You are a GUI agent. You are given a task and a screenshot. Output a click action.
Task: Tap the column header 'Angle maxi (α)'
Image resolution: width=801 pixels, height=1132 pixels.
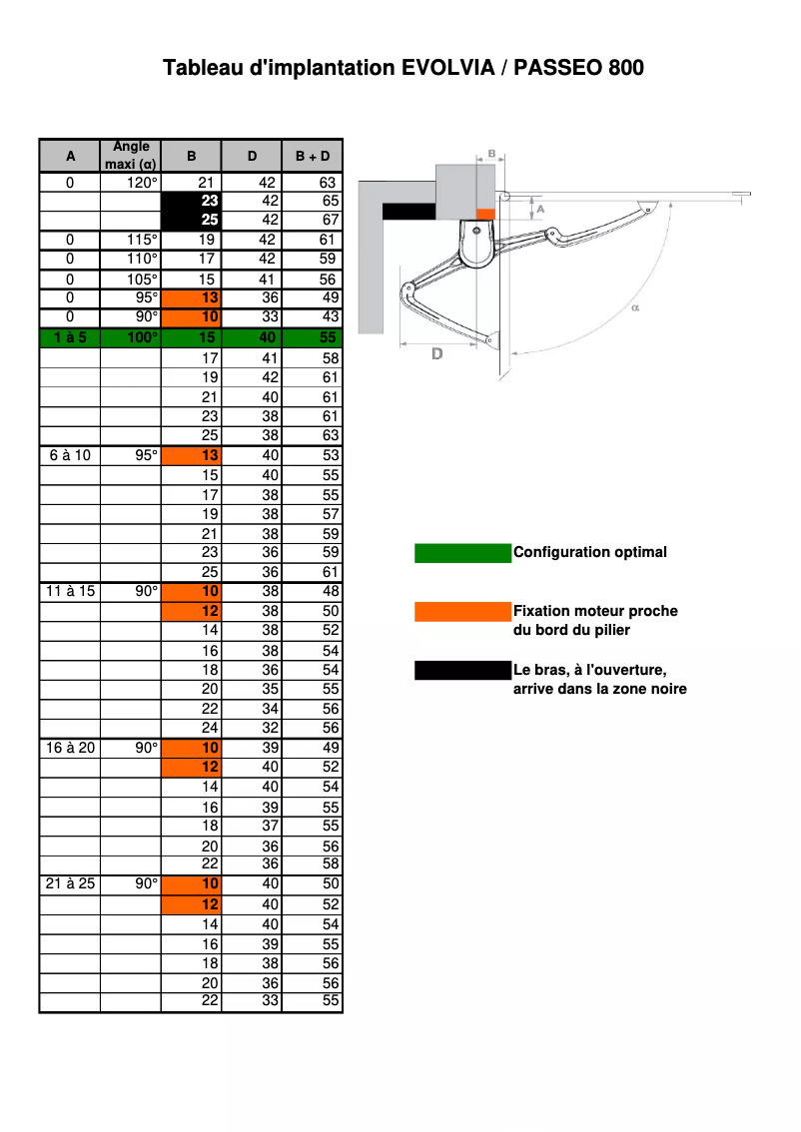pos(131,155)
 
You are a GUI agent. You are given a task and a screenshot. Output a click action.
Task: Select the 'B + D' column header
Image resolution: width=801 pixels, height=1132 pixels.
pos(312,156)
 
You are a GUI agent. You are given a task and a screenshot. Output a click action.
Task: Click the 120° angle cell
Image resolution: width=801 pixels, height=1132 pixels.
pos(131,183)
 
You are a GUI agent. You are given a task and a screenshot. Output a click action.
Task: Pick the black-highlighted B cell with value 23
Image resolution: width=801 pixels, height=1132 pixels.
pos(191,201)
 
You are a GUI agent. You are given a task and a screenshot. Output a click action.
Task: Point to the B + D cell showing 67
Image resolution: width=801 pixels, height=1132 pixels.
pos(312,220)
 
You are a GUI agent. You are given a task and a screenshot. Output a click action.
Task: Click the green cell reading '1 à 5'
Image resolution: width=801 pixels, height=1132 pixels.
pos(70,337)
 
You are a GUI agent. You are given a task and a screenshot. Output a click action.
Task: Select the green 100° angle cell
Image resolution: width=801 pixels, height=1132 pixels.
pos(131,337)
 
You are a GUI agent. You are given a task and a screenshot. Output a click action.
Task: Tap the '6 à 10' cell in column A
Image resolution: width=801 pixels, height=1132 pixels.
pos(70,455)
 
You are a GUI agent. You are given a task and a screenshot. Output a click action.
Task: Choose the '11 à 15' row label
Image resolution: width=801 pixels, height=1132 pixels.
pos(70,591)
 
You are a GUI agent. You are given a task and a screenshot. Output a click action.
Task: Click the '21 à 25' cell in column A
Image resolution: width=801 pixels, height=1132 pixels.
pos(70,883)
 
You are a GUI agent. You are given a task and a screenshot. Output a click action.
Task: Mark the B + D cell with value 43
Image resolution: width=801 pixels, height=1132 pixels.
pos(312,317)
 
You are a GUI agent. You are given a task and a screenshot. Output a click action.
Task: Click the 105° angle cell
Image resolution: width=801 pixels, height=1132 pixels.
pos(131,280)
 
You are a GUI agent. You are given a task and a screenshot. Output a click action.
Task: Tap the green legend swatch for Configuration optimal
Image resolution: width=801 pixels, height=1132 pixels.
pos(462,553)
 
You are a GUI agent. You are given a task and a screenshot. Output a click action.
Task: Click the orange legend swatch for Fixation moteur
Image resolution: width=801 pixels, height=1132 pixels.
pos(462,611)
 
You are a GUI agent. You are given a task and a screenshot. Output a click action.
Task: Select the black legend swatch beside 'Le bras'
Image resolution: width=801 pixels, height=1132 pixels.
pos(462,670)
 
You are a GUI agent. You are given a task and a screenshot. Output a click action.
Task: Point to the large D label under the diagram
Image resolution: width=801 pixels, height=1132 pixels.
pos(436,354)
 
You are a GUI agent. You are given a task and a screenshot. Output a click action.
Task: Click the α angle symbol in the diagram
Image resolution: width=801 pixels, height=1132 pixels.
pos(635,308)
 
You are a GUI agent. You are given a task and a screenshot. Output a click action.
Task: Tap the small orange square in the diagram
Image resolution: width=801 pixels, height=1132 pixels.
pos(485,213)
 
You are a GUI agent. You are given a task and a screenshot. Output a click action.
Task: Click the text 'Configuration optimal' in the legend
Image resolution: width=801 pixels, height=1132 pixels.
pos(589,552)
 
